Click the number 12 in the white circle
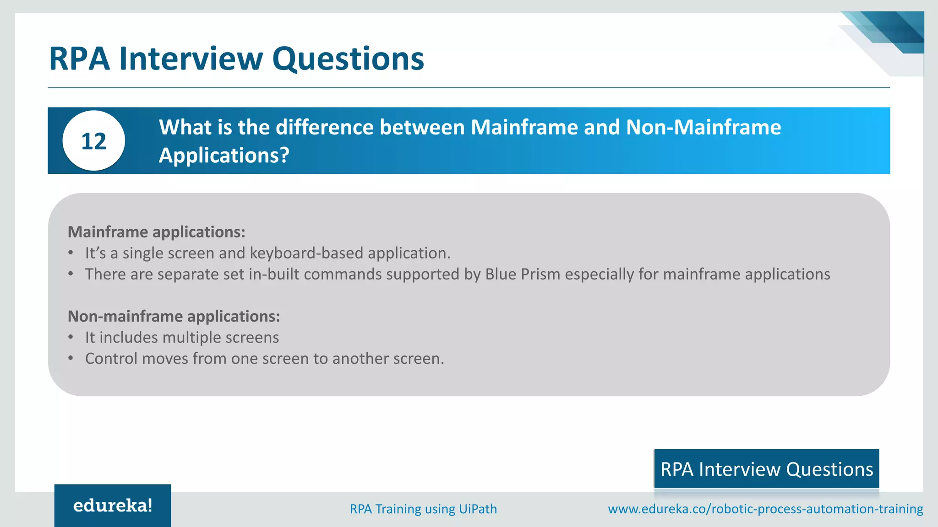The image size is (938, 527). (x=94, y=141)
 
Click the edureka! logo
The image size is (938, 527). (x=113, y=505)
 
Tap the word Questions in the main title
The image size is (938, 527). (x=348, y=59)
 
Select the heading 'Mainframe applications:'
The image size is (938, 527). (x=157, y=232)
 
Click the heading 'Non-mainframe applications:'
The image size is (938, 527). (x=174, y=316)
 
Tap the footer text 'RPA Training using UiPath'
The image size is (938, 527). (x=423, y=509)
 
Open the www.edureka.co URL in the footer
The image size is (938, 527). (x=765, y=509)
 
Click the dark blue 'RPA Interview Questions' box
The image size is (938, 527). (x=766, y=469)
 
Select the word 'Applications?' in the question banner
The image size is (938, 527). (x=224, y=155)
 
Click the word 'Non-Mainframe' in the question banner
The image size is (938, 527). (x=703, y=127)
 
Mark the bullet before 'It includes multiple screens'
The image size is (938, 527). (x=71, y=337)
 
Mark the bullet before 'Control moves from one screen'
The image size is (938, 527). (x=71, y=358)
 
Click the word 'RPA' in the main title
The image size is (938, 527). (x=79, y=59)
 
